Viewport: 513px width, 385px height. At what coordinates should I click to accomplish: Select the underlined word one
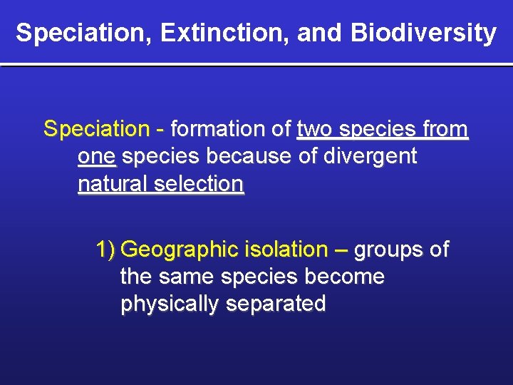coord(96,157)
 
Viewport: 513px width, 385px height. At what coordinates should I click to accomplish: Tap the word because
coord(252,157)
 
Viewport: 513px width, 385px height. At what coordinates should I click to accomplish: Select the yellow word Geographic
coord(180,250)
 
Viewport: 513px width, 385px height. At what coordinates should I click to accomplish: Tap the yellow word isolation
coord(284,250)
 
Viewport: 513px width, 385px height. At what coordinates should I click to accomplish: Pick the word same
coord(186,277)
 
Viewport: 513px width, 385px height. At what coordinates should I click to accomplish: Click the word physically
coord(170,304)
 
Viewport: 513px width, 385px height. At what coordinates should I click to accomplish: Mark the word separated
coord(276,304)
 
